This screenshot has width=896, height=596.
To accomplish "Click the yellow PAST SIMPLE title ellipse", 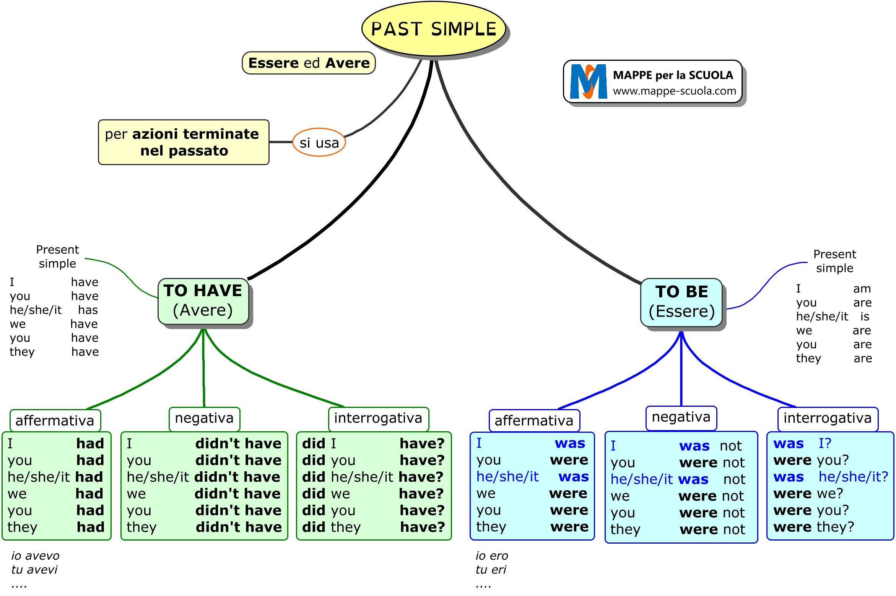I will point(433,29).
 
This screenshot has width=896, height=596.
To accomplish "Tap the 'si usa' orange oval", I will point(319,143).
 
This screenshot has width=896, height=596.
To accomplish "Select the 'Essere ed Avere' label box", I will point(309,63).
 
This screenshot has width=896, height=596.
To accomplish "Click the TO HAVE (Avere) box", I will point(203,301).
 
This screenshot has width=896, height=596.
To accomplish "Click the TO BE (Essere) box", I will point(681,302).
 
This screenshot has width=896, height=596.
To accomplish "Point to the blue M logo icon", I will point(588,81).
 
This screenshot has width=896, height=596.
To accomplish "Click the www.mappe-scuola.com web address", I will point(674,91).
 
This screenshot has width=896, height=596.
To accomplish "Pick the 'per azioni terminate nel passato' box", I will point(184,142).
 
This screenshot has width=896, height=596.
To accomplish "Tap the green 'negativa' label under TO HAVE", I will point(204,418).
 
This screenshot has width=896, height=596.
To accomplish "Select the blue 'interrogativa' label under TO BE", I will point(828,418).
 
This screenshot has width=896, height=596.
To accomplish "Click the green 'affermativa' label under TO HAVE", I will point(55,421).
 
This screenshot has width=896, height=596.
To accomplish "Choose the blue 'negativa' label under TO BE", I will point(681,417).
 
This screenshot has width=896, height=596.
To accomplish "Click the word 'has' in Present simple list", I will point(88,310).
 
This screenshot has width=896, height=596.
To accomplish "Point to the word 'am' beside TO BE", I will point(862,289).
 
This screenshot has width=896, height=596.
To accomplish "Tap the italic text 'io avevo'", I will point(35,555).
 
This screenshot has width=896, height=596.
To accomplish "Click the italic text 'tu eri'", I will point(491,570).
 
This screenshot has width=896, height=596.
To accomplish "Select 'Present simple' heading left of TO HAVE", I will point(57,257).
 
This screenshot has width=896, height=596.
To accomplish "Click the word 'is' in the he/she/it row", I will point(865,317).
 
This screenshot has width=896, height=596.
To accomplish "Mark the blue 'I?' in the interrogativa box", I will point(825,443).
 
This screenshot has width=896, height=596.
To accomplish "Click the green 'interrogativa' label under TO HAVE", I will point(378,418).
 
